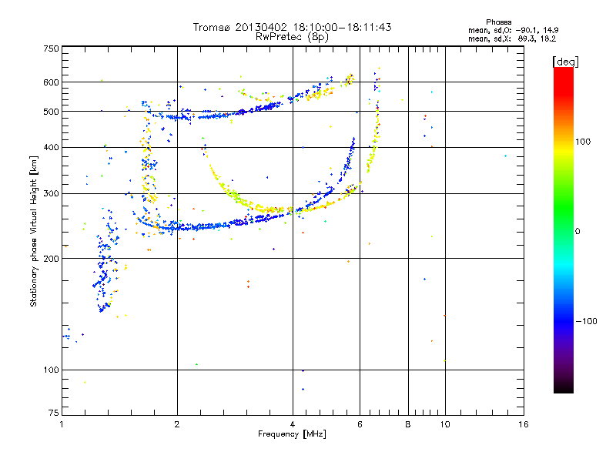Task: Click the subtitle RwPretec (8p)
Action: pyautogui.click(x=292, y=37)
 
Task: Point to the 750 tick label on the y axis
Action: pyautogui.click(x=51, y=49)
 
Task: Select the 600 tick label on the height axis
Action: pyautogui.click(x=51, y=82)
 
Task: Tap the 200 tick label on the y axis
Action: pyautogui.click(x=51, y=259)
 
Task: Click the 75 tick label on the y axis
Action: pyautogui.click(x=53, y=413)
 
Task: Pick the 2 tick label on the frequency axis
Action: pyautogui.click(x=177, y=424)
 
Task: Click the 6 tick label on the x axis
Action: pyautogui.click(x=360, y=424)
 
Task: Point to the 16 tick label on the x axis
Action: pyautogui.click(x=524, y=424)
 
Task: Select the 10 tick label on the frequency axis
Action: pyautogui.click(x=445, y=424)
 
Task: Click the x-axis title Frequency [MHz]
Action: pyautogui.click(x=292, y=434)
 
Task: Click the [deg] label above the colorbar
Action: pyautogui.click(x=565, y=62)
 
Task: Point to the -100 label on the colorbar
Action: pyautogui.click(x=586, y=321)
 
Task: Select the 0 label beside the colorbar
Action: pyautogui.click(x=577, y=232)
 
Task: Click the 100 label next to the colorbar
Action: pyautogui.click(x=583, y=142)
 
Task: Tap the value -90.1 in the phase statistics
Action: pyautogui.click(x=526, y=30)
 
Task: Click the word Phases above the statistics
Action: pyautogui.click(x=498, y=22)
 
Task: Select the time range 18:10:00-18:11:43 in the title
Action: pyautogui.click(x=342, y=27)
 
